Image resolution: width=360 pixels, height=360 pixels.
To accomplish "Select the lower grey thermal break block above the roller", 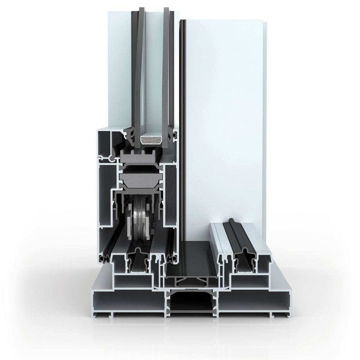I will click(141, 180).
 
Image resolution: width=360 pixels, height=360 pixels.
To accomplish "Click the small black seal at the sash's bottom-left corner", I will click(105, 258).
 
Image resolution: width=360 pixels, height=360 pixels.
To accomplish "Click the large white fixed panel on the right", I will click(223, 117).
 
